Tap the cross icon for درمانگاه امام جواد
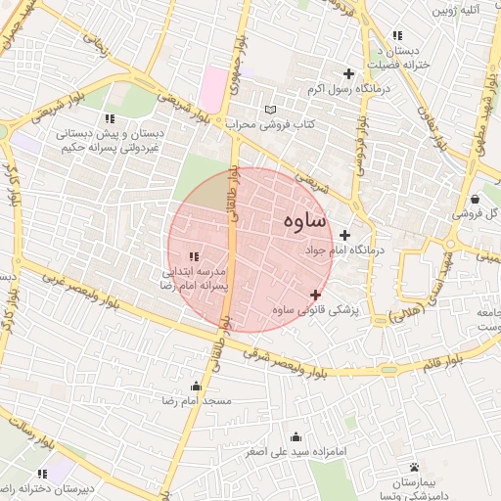[344, 235]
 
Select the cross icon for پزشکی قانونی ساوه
[315, 295]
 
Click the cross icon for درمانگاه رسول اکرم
[348, 73]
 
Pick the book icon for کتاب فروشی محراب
[271, 109]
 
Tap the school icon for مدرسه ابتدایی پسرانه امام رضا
[193, 256]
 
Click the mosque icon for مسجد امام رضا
[197, 386]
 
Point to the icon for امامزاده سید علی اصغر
[296, 437]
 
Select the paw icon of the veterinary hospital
[415, 467]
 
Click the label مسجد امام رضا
[197, 401]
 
